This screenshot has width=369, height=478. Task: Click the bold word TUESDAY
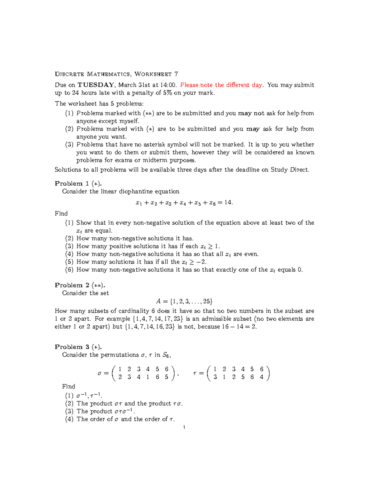96,85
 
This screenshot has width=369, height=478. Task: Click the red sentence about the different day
221,85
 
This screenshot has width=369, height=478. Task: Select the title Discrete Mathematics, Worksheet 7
116,74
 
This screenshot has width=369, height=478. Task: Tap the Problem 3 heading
78,347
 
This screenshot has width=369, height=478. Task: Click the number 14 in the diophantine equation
228,203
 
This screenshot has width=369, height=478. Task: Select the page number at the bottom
184,427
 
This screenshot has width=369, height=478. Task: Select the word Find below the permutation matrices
68,387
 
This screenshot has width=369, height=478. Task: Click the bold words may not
251,113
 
